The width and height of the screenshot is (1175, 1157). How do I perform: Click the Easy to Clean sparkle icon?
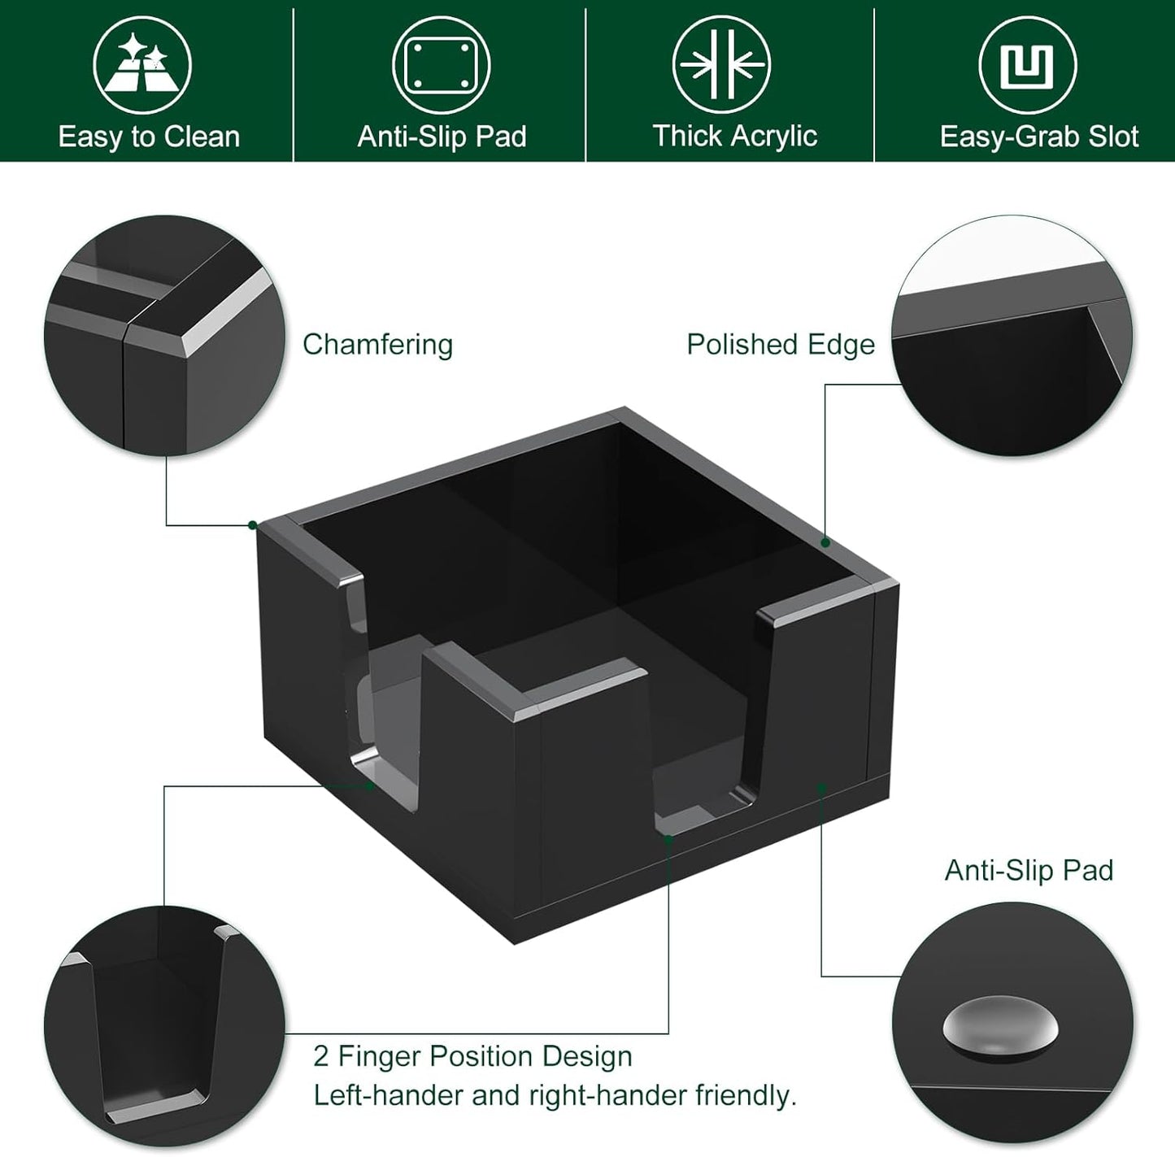(141, 65)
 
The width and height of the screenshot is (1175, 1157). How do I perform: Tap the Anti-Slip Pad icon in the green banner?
(441, 65)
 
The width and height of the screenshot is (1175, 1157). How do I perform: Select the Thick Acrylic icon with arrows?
(722, 65)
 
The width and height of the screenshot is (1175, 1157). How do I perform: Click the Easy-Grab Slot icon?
(1027, 65)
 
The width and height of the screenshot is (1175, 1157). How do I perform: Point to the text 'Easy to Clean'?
(149, 137)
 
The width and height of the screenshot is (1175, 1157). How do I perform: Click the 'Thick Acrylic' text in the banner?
(734, 136)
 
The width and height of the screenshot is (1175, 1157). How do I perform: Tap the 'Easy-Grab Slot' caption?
(1038, 137)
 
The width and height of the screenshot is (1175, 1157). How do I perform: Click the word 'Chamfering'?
(377, 345)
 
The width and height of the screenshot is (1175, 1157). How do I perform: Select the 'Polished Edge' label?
(781, 345)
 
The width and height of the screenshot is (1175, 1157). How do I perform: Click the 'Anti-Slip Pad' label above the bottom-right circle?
(1029, 871)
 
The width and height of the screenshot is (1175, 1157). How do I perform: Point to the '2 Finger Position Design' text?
(472, 1056)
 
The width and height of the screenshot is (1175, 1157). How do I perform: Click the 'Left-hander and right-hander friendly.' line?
(555, 1095)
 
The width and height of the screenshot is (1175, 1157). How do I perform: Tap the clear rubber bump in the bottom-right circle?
(1001, 1030)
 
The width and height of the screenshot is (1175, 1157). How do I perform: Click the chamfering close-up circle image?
(165, 335)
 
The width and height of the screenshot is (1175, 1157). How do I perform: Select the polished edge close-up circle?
(1012, 335)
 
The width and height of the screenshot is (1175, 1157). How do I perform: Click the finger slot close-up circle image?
(165, 1026)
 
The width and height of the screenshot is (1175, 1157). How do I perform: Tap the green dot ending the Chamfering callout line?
(253, 525)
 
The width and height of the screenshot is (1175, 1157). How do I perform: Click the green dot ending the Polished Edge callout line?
(825, 542)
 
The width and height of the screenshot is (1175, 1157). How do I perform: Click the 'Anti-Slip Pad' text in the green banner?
(442, 137)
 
